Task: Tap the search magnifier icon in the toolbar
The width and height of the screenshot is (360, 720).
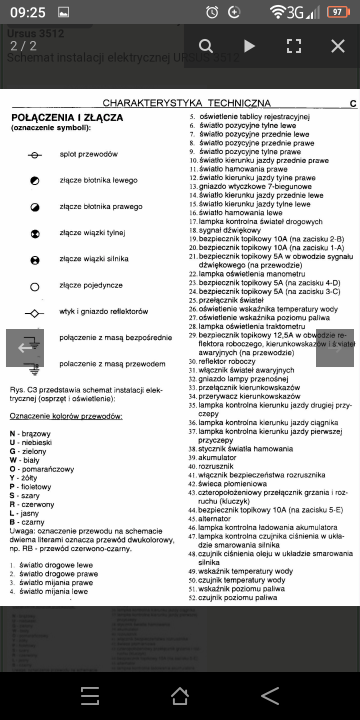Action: click(x=205, y=46)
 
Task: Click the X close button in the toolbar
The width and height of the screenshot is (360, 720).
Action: click(x=337, y=46)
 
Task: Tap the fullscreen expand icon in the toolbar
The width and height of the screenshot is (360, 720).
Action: click(x=294, y=46)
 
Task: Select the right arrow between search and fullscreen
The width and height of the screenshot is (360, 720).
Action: click(x=250, y=46)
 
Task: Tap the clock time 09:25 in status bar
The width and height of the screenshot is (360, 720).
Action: click(x=31, y=11)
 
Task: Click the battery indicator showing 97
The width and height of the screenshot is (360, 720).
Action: click(x=337, y=11)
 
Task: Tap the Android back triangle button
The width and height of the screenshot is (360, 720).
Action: click(x=269, y=695)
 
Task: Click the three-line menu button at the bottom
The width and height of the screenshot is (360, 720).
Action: click(x=90, y=695)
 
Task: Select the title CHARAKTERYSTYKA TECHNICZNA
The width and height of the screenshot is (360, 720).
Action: click(x=186, y=103)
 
